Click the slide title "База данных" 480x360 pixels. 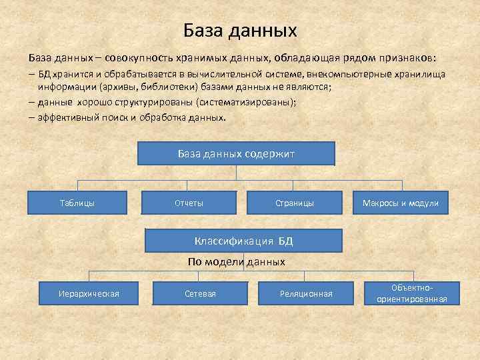click(x=240, y=31)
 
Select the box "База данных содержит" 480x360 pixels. click(x=236, y=153)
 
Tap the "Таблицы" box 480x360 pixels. click(x=77, y=203)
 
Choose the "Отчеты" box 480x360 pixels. click(x=189, y=203)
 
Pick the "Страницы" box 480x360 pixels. click(x=294, y=203)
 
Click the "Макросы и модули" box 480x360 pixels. click(x=400, y=203)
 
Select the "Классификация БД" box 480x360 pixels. click(x=243, y=241)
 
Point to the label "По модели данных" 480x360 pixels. click(x=236, y=262)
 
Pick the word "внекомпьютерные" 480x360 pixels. click(x=346, y=75)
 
